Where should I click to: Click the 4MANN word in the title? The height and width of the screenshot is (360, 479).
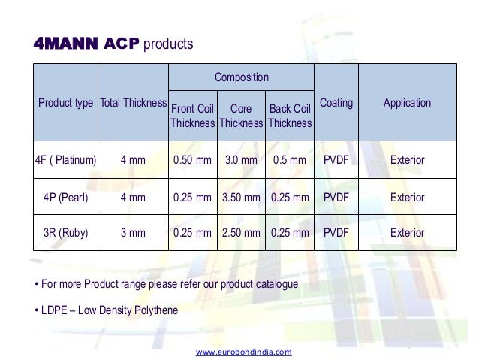point(65,44)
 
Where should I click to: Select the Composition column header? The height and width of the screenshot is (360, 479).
point(241,77)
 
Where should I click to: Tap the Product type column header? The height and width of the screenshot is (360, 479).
point(65,103)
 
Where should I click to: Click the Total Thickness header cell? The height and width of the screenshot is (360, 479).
point(133,103)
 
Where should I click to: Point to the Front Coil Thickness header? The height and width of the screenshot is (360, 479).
point(192,116)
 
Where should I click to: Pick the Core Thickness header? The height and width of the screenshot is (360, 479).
point(241,116)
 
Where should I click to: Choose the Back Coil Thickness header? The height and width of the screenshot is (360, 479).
point(290,116)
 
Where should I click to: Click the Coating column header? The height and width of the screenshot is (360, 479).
point(336,103)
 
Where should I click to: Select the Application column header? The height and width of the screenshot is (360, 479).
point(407,103)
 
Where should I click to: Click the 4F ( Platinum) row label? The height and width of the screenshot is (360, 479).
point(65,160)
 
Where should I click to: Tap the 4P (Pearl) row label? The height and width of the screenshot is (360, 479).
point(65,198)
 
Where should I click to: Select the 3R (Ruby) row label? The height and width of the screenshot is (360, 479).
point(65,233)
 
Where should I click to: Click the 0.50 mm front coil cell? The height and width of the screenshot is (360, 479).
point(192,160)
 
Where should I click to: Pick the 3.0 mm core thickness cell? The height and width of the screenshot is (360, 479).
point(241,160)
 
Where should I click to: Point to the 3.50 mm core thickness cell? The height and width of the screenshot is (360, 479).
point(241,198)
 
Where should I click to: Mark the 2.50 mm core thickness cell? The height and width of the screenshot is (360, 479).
point(241,233)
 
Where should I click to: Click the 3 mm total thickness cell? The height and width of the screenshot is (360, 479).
point(133,233)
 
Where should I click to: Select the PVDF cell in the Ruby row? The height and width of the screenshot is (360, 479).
point(336,233)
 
